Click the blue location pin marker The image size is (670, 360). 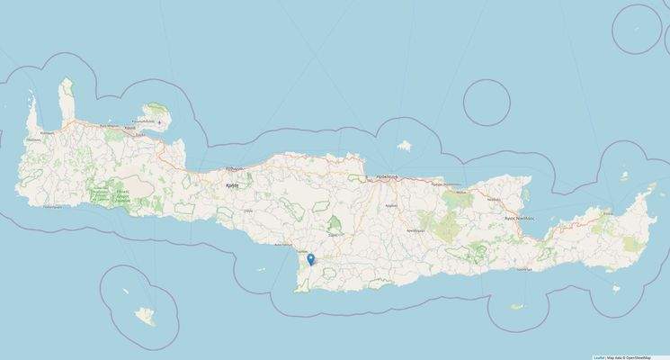[310, 259]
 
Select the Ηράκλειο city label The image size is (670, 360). [386, 177]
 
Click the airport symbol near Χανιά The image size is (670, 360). [160, 121]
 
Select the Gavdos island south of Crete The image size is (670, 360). [143, 316]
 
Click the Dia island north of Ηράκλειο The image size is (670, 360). [405, 144]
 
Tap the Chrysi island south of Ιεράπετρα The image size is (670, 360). [517, 306]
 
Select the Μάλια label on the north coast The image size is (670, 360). [461, 192]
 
